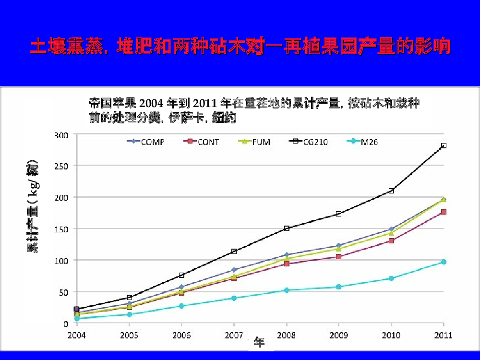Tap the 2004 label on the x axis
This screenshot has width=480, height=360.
pyautogui.click(x=77, y=335)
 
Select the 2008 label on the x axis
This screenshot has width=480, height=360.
pyautogui.click(x=287, y=335)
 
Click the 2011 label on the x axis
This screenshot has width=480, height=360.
pyautogui.click(x=444, y=335)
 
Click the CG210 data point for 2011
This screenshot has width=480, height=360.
pyautogui.click(x=444, y=145)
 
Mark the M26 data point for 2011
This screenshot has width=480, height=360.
pyautogui.click(x=444, y=262)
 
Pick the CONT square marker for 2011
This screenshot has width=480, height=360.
pyautogui.click(x=444, y=212)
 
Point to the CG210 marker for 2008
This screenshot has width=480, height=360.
pyautogui.click(x=287, y=228)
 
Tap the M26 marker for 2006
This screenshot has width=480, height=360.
pyautogui.click(x=181, y=306)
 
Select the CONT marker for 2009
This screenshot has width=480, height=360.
pyautogui.click(x=339, y=257)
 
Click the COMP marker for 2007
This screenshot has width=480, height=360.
pyautogui.click(x=234, y=270)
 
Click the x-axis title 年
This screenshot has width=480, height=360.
pyautogui.click(x=259, y=342)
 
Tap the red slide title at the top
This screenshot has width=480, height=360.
pyautogui.click(x=240, y=47)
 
